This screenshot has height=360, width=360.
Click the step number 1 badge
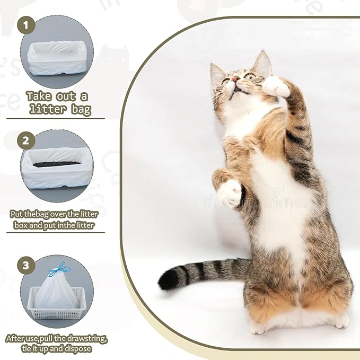pyautogui.click(x=27, y=25)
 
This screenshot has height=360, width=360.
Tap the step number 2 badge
pyautogui.click(x=26, y=141)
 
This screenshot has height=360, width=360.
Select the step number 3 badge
pyautogui.click(x=26, y=265)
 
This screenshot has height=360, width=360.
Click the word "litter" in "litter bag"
pyautogui.click(x=44, y=110)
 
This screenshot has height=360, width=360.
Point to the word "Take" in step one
pyautogui.click(x=39, y=96)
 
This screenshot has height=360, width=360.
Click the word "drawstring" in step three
pyautogui.click(x=89, y=338)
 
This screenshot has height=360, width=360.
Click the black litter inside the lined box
pyautogui.click(x=57, y=164)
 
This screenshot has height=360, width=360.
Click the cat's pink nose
pyautogui.click(x=235, y=79)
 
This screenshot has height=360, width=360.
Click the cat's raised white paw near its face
pyautogui.click(x=276, y=86)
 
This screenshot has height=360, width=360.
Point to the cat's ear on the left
pyautogui.click(x=217, y=74)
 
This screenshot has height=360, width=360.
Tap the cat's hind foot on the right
pyautogui.click(x=337, y=320)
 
